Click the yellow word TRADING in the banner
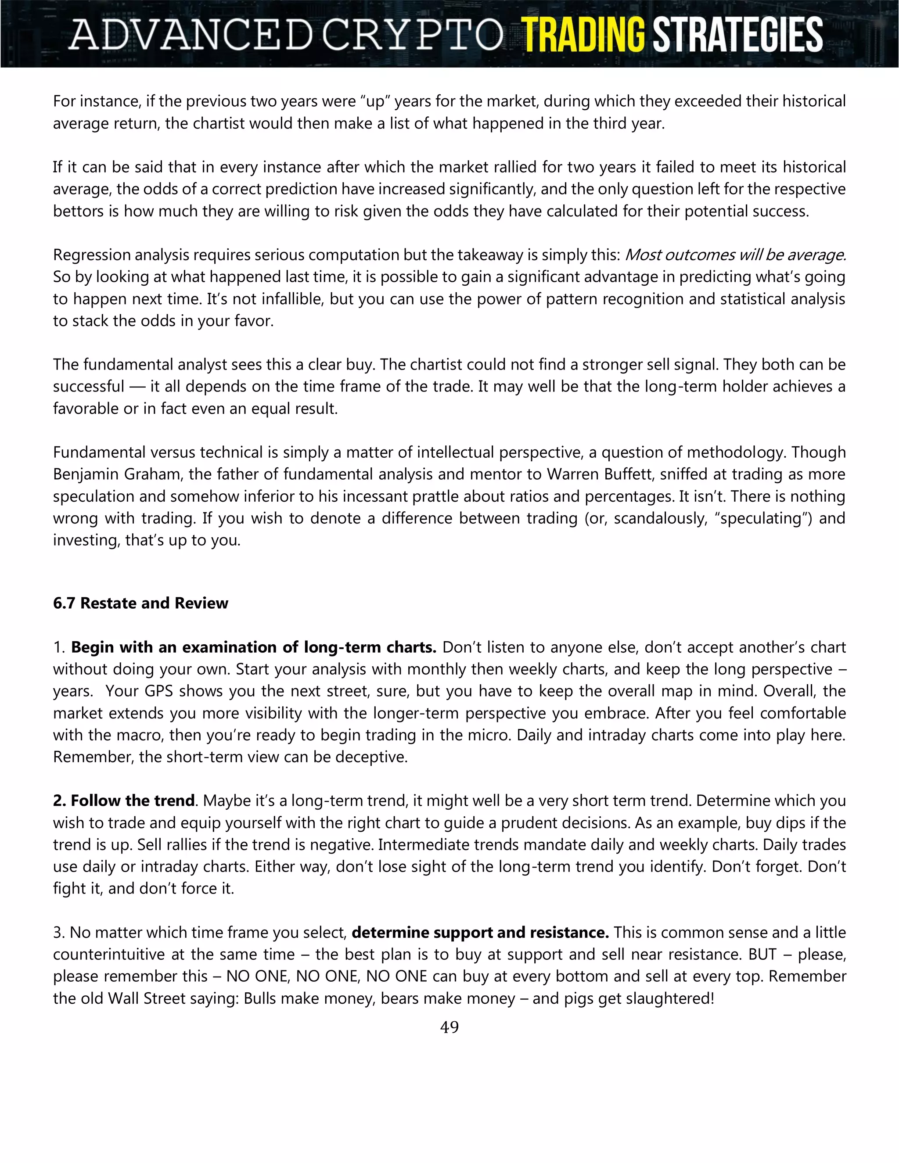pos(583,34)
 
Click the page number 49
pos(449,1027)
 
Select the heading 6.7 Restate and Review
pos(140,603)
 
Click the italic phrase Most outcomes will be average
pos(735,255)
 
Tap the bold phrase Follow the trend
pos(132,800)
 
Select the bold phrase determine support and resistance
pos(480,933)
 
